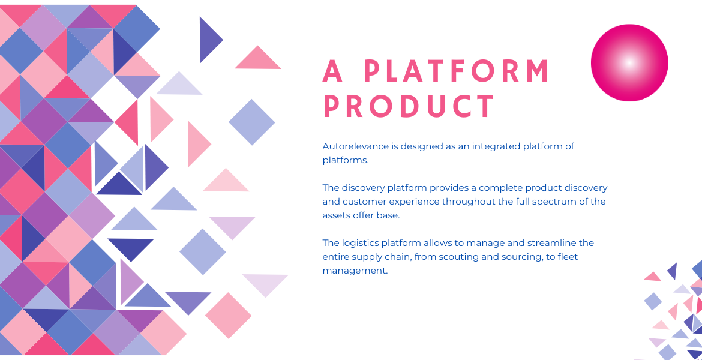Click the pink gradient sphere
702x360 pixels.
point(629,62)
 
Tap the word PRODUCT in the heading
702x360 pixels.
point(409,107)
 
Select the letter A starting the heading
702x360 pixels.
point(332,71)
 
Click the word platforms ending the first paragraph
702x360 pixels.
point(345,160)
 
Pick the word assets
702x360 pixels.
point(335,215)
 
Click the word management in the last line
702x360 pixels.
point(355,271)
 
